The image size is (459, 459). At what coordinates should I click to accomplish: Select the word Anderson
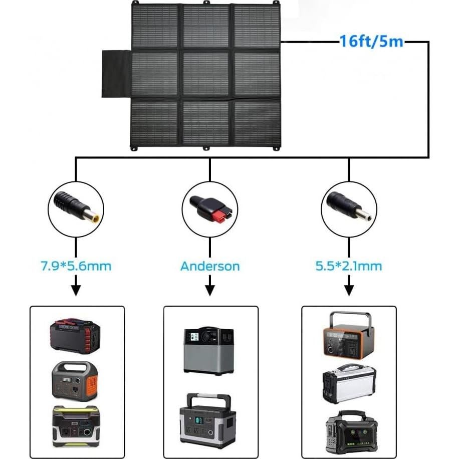pos(210,265)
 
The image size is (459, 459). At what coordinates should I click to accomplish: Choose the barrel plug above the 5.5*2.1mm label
pos(349,205)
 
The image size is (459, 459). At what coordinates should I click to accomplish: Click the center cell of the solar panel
pos(205,74)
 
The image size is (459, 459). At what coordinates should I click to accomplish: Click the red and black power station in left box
pos(75,337)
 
